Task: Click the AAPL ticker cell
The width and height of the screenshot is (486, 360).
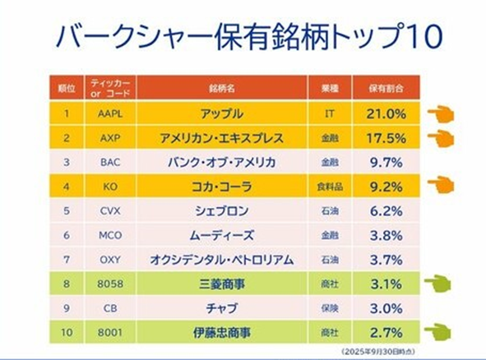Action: pos(110,113)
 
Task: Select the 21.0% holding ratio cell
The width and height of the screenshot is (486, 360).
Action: pos(386,113)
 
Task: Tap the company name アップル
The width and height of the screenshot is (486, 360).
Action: pos(221,113)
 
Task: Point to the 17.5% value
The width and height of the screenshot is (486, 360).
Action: pos(386,138)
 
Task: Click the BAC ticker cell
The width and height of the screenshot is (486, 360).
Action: pos(110,162)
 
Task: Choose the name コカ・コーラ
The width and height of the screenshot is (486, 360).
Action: pos(221,187)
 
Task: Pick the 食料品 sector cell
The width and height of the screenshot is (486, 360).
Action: pos(330,187)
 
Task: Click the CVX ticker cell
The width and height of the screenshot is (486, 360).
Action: pos(110,211)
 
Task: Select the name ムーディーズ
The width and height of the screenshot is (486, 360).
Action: pos(221,235)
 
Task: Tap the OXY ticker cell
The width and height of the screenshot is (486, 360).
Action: pos(110,260)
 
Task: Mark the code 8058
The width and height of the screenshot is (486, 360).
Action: pos(110,284)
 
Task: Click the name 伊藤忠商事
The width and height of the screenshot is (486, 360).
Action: pos(221,332)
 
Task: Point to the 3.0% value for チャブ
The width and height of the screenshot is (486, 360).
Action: pos(386,308)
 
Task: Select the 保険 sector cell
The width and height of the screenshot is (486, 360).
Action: pos(330,308)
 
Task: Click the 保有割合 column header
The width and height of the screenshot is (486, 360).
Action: pos(386,89)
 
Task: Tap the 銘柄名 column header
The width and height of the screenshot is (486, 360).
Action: pos(221,89)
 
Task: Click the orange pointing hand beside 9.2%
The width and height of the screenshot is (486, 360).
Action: pos(441,185)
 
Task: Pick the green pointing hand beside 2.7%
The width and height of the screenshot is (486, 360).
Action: pos(437,332)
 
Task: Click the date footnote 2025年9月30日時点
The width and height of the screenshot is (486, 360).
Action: pos(378,352)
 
